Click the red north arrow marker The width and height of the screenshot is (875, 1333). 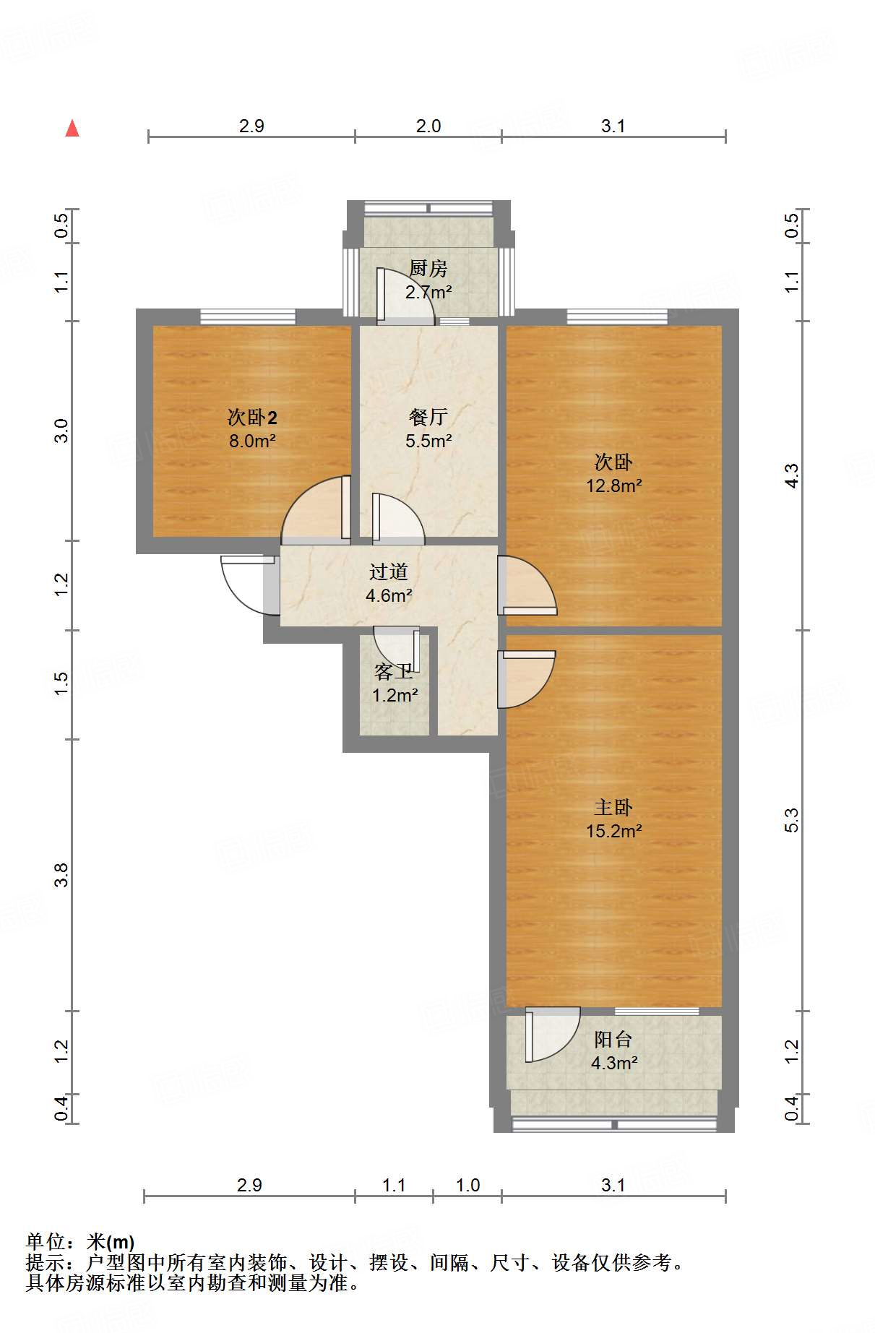tap(72, 128)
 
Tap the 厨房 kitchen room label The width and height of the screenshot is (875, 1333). tap(428, 268)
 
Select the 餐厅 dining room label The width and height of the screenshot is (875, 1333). tap(428, 417)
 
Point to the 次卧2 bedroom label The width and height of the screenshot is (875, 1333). tap(252, 418)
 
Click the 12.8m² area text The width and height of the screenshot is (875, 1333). tap(613, 486)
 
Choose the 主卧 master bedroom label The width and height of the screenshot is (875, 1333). tap(613, 807)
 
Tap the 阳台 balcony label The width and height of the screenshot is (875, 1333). tap(613, 1039)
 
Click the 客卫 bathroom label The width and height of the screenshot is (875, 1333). tap(394, 672)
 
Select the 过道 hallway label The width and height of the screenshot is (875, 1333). tap(389, 571)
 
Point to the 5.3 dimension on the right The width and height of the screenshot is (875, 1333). tap(791, 820)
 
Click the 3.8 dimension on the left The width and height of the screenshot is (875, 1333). tap(61, 875)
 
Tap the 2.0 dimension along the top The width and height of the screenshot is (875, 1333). tap(428, 126)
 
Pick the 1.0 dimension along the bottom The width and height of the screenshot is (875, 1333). tap(468, 1185)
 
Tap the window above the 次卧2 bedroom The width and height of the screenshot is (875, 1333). tap(248, 316)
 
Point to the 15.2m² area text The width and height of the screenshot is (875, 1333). tap(613, 831)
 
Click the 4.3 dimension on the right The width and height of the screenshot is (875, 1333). tap(791, 475)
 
